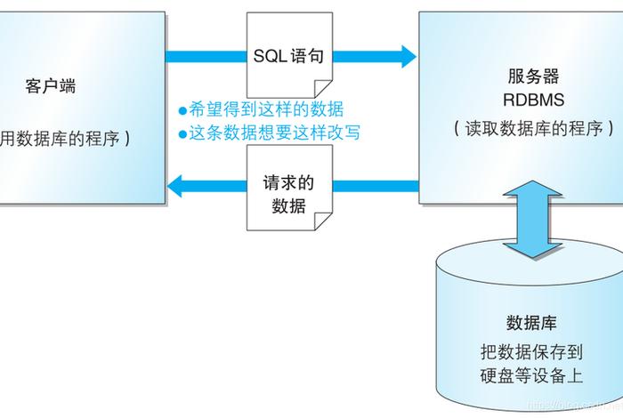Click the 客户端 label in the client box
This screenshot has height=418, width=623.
click(x=50, y=86)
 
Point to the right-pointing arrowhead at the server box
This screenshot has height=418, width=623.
click(x=408, y=57)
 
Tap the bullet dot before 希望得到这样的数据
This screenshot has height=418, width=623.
click(x=182, y=110)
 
